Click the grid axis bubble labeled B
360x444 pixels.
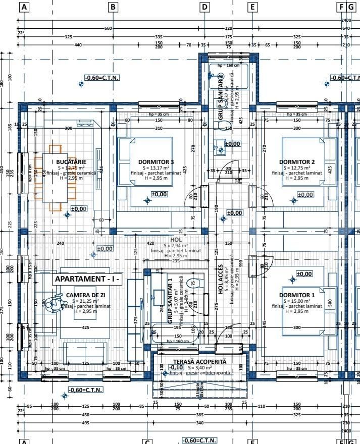click(x=113, y=7)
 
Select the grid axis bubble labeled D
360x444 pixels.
click(x=204, y=7)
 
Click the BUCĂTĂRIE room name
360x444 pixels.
click(x=72, y=161)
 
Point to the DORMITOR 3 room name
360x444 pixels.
click(x=156, y=162)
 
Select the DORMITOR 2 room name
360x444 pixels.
click(x=297, y=162)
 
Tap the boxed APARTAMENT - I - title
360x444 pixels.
click(x=87, y=279)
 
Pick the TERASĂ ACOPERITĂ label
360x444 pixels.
click(x=199, y=362)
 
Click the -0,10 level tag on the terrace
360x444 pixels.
click(x=176, y=367)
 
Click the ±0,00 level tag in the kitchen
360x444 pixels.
click(x=79, y=208)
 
